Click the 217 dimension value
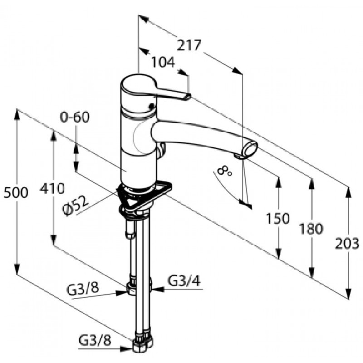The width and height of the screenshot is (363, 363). click(189, 45)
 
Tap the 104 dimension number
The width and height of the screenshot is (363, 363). click(163, 62)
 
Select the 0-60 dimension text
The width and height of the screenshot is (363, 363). click(75, 117)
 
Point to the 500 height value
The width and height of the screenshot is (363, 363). click(16, 192)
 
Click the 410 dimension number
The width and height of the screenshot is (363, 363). click(52, 188)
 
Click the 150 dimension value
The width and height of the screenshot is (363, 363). click(278, 218)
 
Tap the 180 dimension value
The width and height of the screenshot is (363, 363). click(311, 229)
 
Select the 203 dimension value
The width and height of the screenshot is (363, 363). click(347, 244)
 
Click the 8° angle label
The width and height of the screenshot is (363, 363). click(224, 172)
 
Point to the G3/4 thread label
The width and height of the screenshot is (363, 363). click(184, 281)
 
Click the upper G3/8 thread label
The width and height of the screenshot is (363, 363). click(83, 289)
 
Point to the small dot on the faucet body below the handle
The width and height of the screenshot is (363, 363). click(152, 106)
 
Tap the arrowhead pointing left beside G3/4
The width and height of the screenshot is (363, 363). click(157, 289)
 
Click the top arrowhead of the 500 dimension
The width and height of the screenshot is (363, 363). click(17, 114)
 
